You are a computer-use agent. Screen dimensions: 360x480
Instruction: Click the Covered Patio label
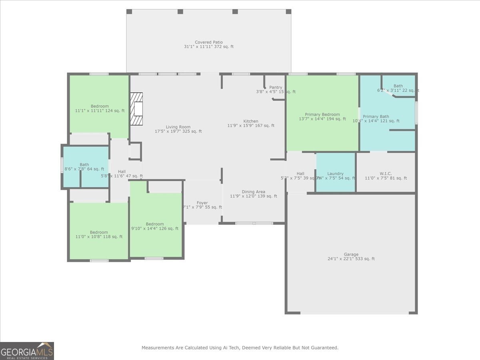pyautogui.click(x=208, y=44)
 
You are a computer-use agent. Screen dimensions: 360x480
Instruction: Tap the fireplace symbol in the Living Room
pyautogui.click(x=136, y=109)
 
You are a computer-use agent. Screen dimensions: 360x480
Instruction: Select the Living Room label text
pyautogui.click(x=178, y=129)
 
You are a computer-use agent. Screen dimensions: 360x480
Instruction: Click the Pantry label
pyautogui.click(x=276, y=90)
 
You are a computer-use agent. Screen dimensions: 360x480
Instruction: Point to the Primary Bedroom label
pyautogui.click(x=322, y=116)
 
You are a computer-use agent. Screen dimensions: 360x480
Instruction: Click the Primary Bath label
pyautogui.click(x=376, y=119)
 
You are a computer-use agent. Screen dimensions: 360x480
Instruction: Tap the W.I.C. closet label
pyautogui.click(x=386, y=176)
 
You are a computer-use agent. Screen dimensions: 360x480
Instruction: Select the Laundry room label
pyautogui.click(x=335, y=176)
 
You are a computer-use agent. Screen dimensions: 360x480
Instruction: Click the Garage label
pyautogui.click(x=351, y=256)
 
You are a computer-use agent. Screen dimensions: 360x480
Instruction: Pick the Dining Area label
pyautogui.click(x=253, y=194)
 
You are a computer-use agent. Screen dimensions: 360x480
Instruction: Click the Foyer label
pyautogui.click(x=202, y=205)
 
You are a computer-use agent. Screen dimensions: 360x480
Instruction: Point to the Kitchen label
pyautogui.click(x=251, y=123)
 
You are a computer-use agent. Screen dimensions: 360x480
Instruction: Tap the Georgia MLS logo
pyautogui.click(x=27, y=351)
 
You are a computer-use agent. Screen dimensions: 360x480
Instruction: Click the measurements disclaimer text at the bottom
pyautogui.click(x=240, y=348)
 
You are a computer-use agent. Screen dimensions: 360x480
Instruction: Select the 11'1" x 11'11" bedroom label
pyautogui.click(x=100, y=108)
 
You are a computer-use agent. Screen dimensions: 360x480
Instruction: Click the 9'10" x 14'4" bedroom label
pyautogui.click(x=154, y=226)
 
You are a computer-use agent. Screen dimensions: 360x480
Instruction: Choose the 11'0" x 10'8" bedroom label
pyautogui.click(x=98, y=234)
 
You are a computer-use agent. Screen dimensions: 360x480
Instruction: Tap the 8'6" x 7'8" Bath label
pyautogui.click(x=84, y=167)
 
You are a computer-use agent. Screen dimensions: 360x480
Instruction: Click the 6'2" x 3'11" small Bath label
pyautogui.click(x=398, y=88)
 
